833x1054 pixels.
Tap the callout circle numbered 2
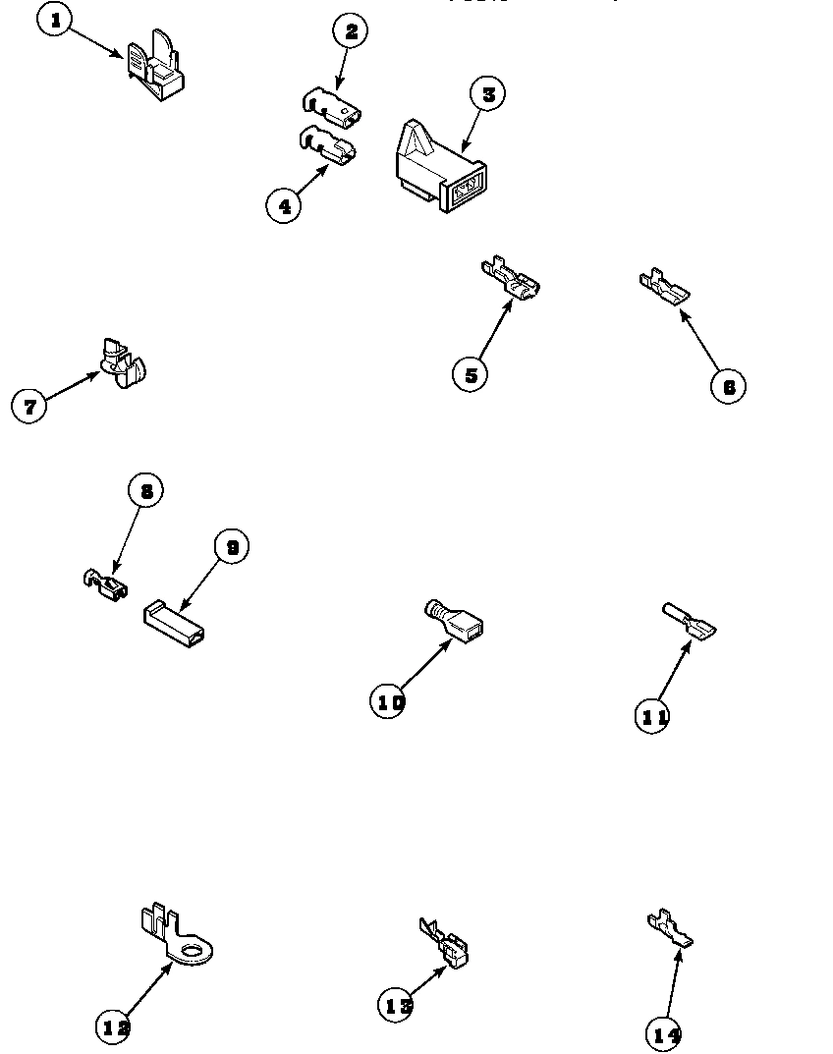tap(350, 31)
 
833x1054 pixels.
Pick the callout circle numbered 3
tap(488, 95)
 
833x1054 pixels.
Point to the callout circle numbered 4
tap(284, 205)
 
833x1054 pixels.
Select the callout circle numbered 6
tap(728, 386)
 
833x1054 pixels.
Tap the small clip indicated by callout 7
tap(124, 362)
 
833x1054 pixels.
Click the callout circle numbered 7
tap(29, 406)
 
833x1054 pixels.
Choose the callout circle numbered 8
tap(145, 491)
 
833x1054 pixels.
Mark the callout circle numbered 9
tap(232, 547)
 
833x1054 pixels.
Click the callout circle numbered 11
tap(654, 717)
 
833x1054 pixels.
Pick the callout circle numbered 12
tap(115, 1027)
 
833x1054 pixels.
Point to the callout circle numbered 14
tap(665, 1033)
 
